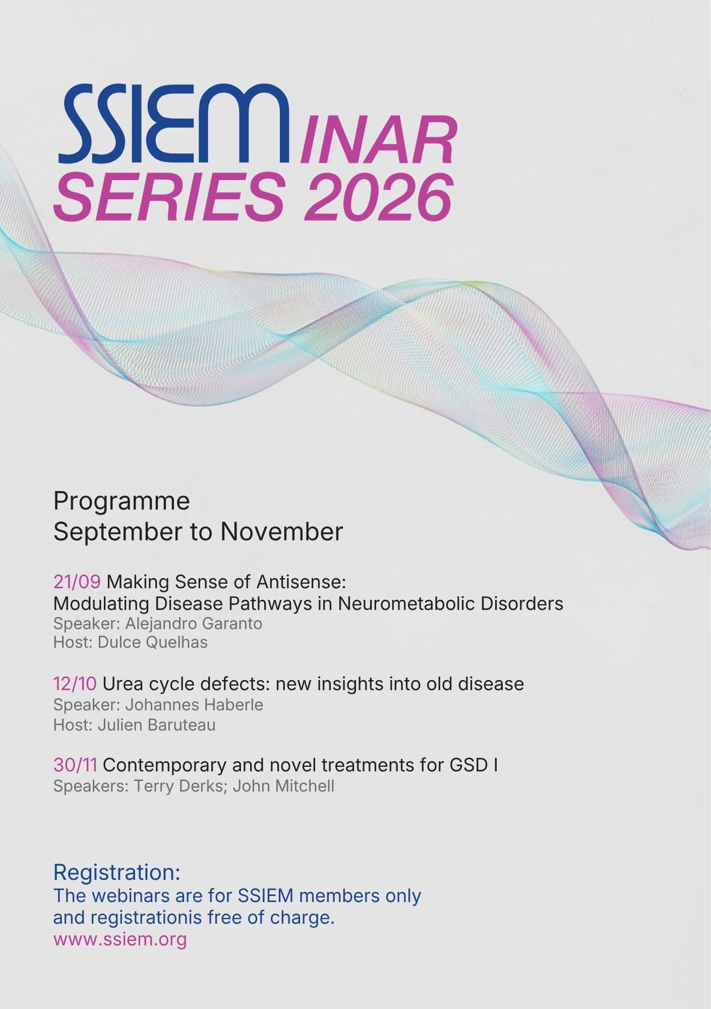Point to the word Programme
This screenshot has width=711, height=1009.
tap(122, 501)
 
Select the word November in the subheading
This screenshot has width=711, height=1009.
tap(282, 532)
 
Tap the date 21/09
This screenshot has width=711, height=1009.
tap(77, 582)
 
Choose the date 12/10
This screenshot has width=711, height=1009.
tap(75, 684)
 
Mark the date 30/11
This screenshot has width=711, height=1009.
tap(75, 765)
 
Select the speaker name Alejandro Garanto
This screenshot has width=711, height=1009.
tap(194, 624)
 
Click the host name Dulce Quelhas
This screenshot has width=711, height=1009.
tap(152, 642)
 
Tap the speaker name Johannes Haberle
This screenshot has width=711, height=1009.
tap(194, 705)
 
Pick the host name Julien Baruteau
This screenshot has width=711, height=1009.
tap(156, 725)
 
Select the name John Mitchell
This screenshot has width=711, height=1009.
tap(283, 786)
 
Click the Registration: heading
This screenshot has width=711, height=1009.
tap(117, 872)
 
